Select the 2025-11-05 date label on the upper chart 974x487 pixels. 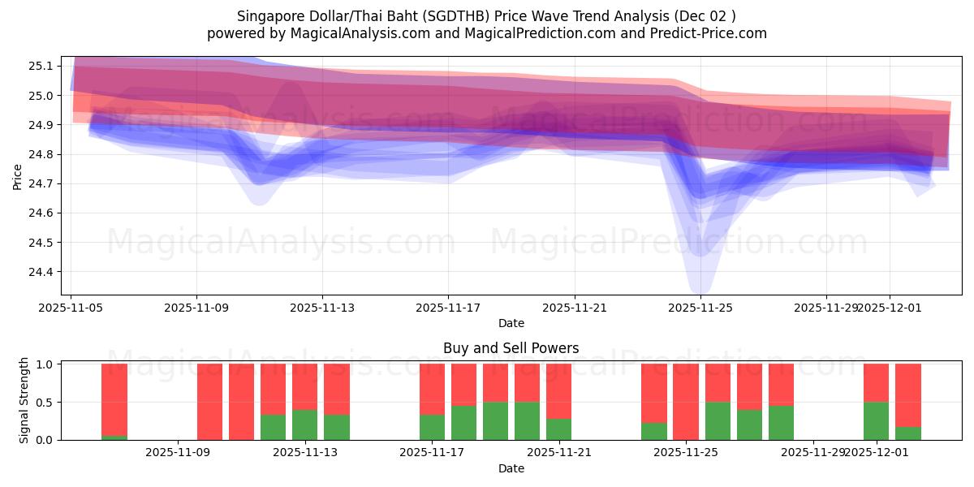[71, 308]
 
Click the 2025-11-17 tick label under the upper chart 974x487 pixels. [448, 308]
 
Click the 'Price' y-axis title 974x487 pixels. [17, 175]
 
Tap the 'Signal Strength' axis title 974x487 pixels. [24, 400]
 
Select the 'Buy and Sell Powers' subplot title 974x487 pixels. [511, 348]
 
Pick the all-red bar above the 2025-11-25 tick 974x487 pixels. [686, 402]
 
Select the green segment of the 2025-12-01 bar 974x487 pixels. [876, 420]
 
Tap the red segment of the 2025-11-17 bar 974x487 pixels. [433, 389]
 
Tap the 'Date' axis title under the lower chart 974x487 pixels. [511, 468]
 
